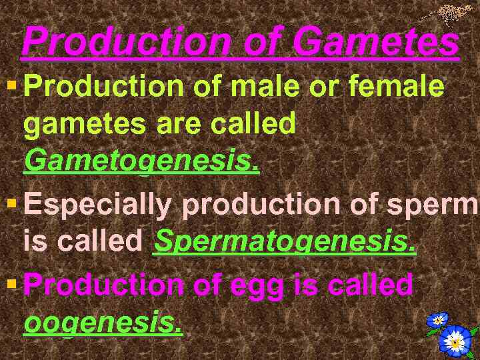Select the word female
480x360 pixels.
tap(404, 87)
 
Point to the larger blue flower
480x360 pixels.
tap(455, 341)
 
